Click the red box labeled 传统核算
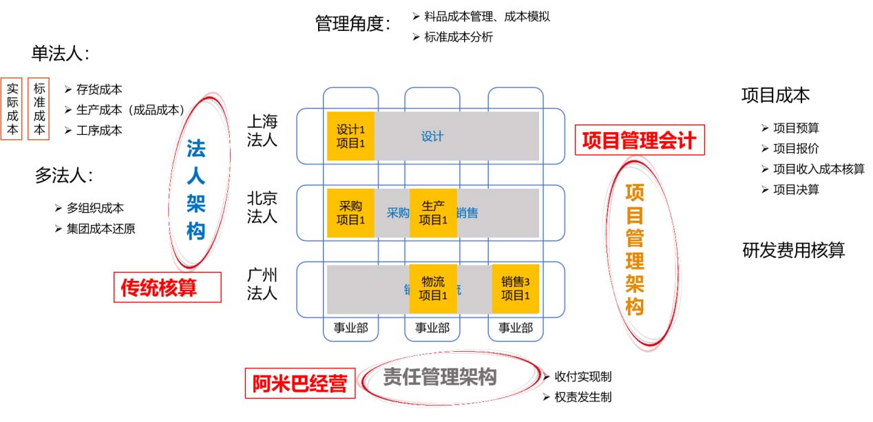pos(167,287)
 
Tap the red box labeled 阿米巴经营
pos(299,383)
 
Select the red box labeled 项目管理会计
pos(640,140)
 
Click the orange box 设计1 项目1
pos(350,136)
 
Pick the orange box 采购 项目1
pos(350,213)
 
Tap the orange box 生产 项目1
pos(433,213)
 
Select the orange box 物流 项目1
pos(433,288)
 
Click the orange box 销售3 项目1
pos(515,288)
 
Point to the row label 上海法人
pos(262,131)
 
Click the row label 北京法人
pos(262,208)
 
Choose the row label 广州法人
pos(262,284)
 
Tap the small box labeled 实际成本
pos(12,109)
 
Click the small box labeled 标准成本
pos(39,109)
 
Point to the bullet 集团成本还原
pos(101,229)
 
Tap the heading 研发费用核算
pos(793,250)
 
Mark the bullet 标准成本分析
pos(458,37)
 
